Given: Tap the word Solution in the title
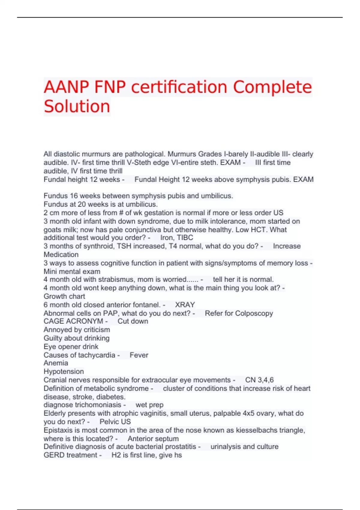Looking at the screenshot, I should (77, 106).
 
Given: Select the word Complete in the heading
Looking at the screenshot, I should (272, 87).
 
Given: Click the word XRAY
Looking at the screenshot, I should (185, 305).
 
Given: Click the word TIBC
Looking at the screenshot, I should (185, 238).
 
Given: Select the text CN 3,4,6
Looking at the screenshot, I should (259, 380).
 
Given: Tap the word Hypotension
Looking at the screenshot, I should (64, 371).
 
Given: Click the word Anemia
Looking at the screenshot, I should (56, 363).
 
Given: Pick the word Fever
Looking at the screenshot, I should (139, 355).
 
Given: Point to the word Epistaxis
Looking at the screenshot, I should (57, 430).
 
